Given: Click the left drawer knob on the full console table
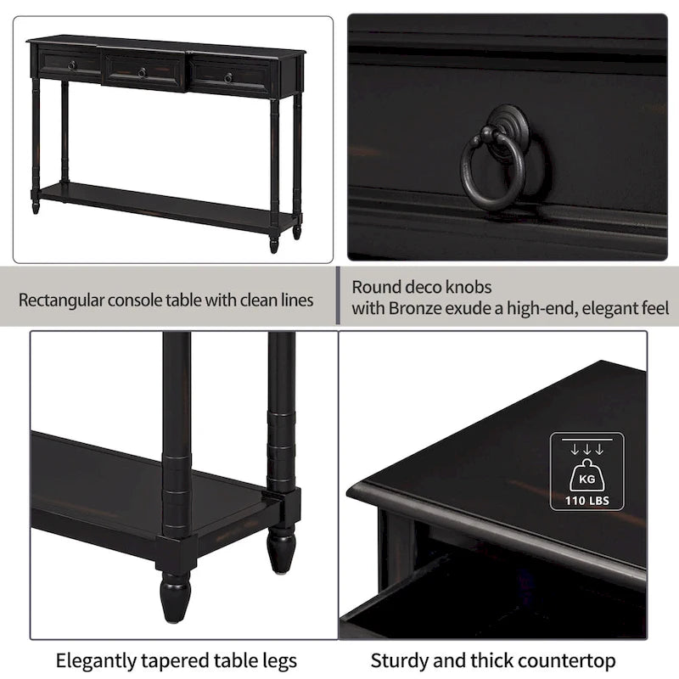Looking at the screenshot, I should click(72, 65).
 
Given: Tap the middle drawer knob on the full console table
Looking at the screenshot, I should click(143, 72).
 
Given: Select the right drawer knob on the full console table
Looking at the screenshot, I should click(228, 78).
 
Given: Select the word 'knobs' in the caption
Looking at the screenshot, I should click(471, 287).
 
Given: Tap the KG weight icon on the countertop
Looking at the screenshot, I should click(587, 472).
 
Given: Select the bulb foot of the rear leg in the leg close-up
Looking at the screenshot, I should click(281, 550).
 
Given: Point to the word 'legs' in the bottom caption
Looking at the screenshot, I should click(277, 660).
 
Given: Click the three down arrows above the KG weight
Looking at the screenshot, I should click(587, 447).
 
